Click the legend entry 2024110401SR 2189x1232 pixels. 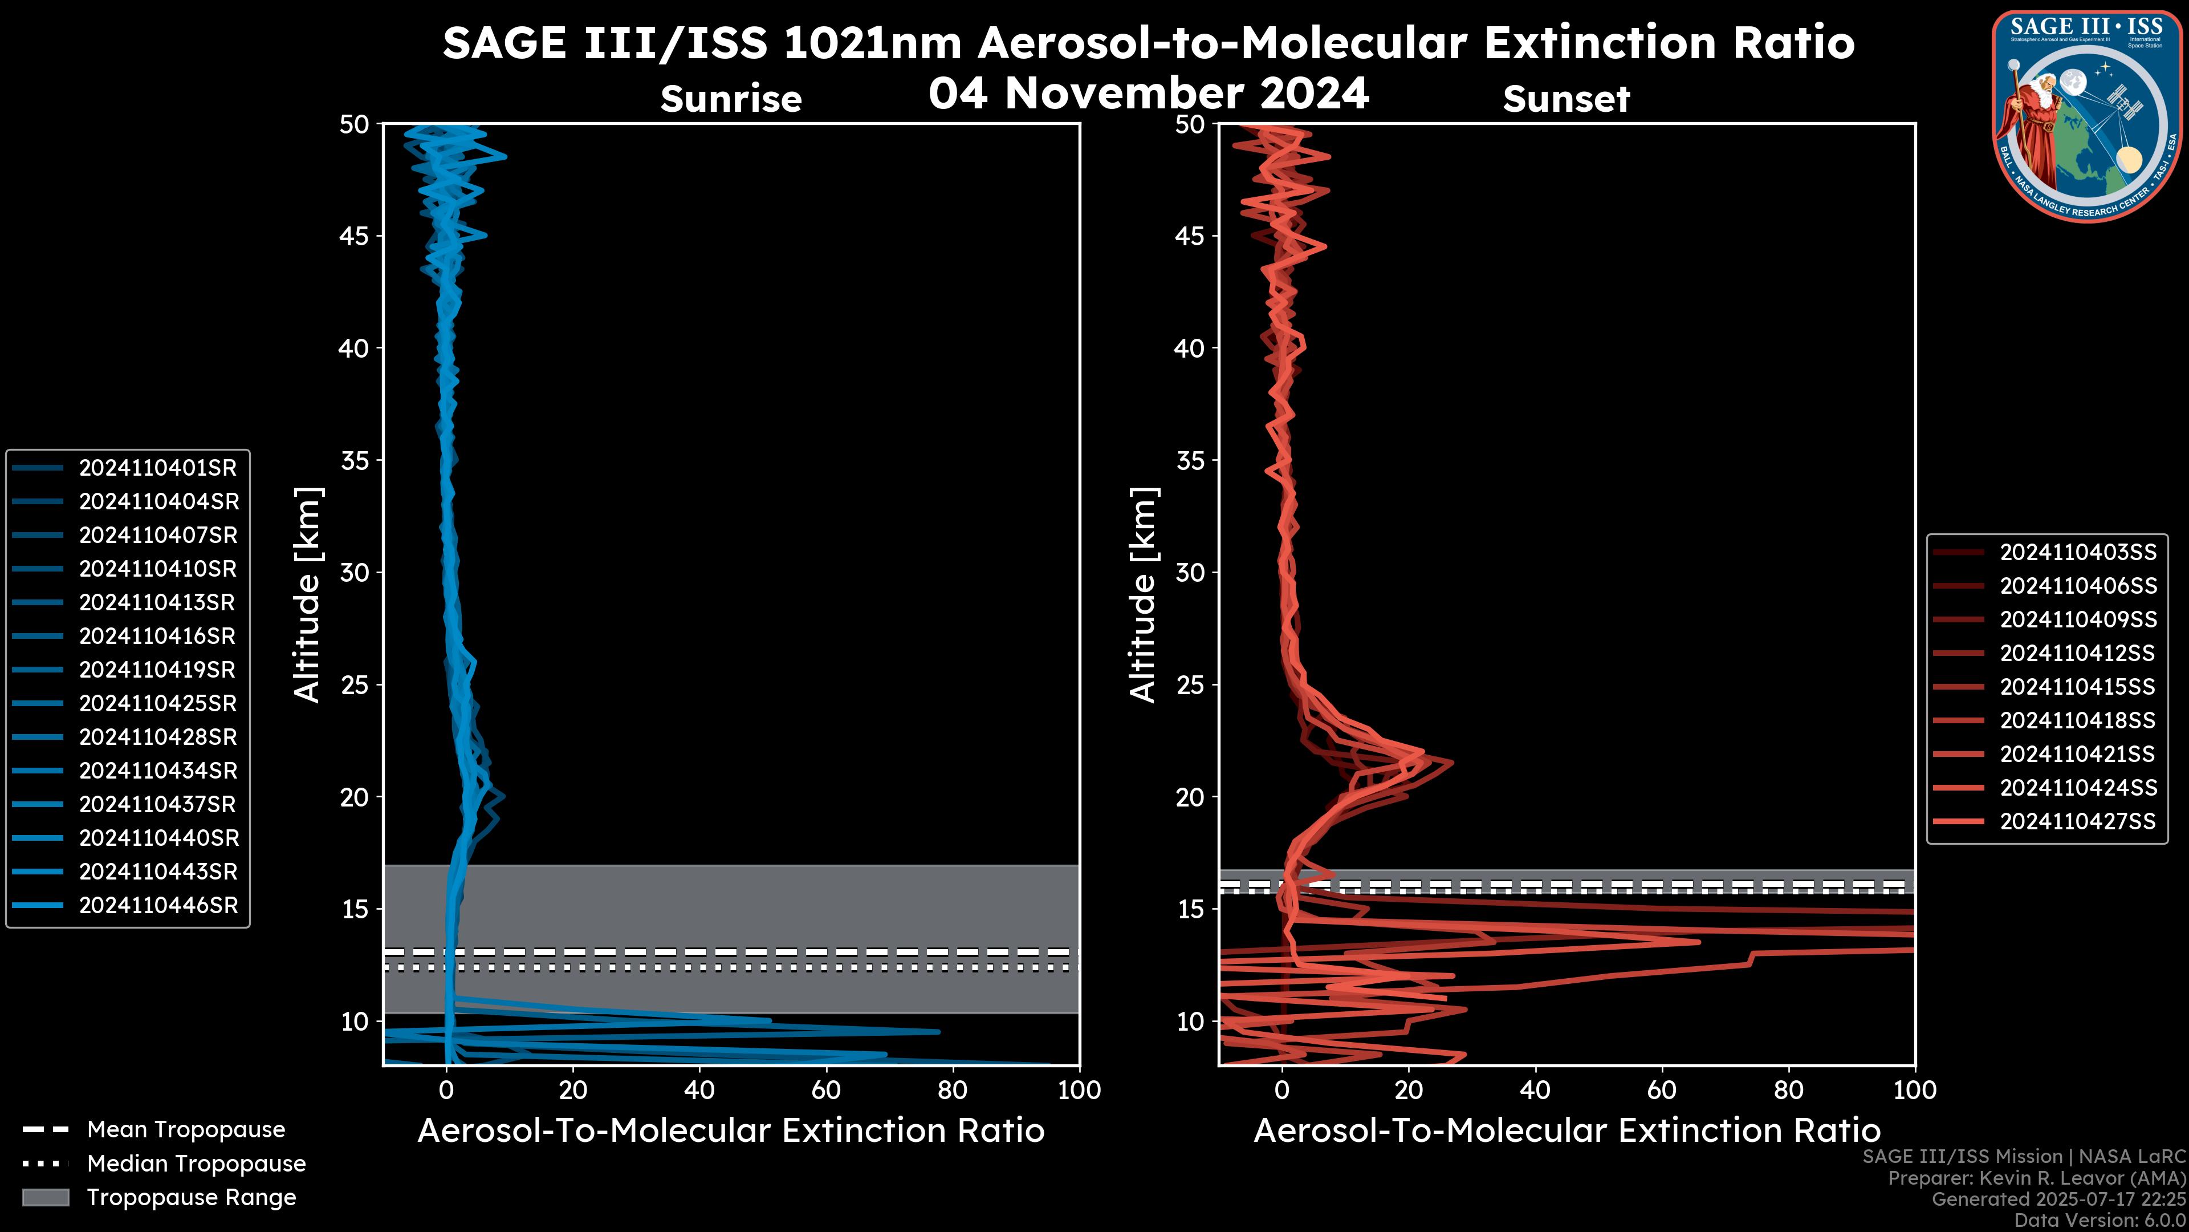pos(157,468)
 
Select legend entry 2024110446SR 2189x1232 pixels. pos(158,906)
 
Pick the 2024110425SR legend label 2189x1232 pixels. pos(158,703)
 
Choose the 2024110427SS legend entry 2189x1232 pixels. pos(2078,821)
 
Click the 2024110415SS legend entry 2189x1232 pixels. pos(2078,687)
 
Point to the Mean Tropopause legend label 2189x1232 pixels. pos(186,1130)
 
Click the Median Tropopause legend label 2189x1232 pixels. pos(196,1163)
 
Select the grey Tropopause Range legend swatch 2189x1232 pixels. pos(46,1197)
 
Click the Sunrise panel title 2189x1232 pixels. pos(731,99)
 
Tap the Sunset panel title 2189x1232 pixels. pos(1566,99)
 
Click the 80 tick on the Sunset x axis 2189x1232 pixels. pos(1789,1090)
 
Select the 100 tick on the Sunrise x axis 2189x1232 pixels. pos(1079,1090)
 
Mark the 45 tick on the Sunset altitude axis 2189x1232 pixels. pos(1190,236)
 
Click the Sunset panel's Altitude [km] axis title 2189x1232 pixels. pos(1144,595)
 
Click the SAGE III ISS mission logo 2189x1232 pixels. pos(2085,116)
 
